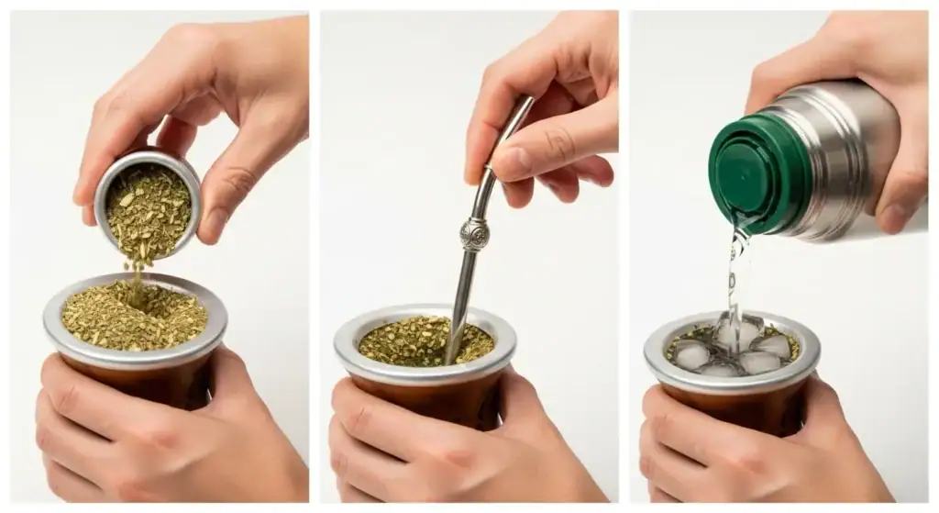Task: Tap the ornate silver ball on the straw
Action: point(473,234)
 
